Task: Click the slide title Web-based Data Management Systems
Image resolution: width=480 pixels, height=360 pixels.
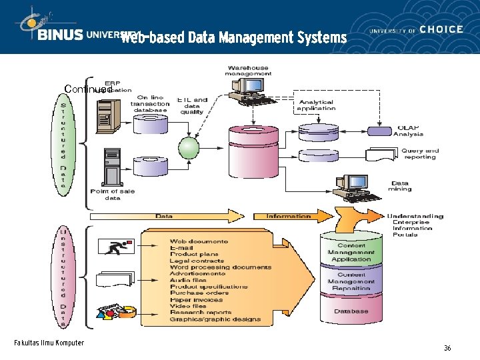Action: pos(233,37)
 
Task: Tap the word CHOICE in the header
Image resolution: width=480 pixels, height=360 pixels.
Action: pos(441,29)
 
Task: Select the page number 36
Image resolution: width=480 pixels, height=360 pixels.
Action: pos(447,348)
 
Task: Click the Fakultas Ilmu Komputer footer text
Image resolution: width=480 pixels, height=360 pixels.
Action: pos(49,343)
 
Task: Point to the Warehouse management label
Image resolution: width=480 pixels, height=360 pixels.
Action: pos(248,71)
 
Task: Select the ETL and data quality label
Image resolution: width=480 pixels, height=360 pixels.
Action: pos(192,106)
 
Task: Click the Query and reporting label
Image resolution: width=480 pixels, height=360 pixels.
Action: pos(420,154)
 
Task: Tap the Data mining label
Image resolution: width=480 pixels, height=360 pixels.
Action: pos(400,186)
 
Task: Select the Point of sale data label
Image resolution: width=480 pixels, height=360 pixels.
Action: pos(112,195)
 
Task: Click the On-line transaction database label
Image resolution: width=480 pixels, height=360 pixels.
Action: pos(150,104)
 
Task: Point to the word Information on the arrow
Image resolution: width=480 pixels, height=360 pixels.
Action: pos(289,216)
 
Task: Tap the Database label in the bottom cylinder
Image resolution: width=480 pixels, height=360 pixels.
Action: pos(351,311)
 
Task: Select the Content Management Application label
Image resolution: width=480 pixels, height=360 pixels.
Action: pos(351,252)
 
